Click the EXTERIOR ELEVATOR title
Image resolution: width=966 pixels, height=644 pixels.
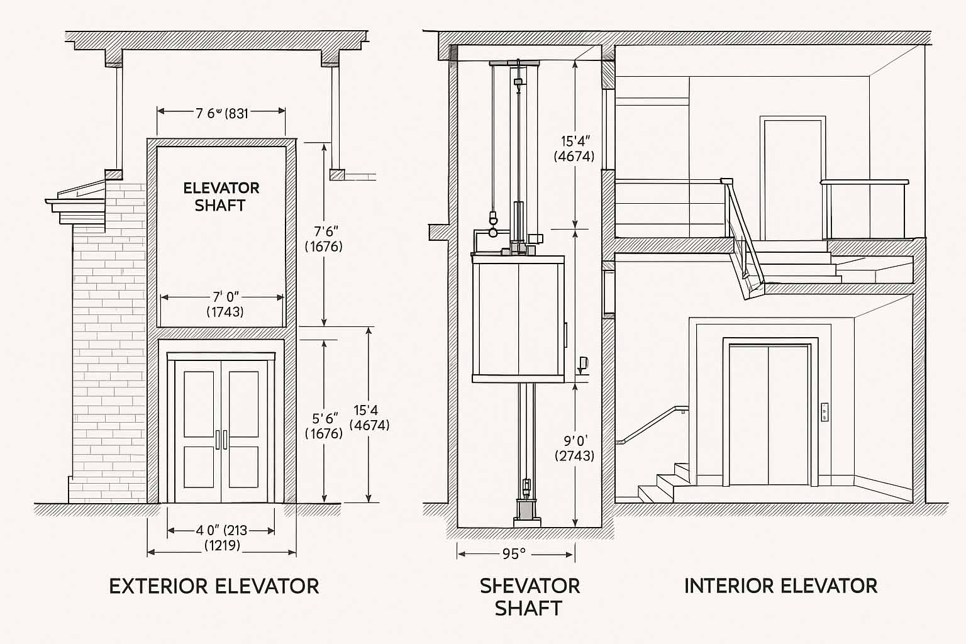(214, 586)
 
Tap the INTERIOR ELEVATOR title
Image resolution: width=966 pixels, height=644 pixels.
(780, 586)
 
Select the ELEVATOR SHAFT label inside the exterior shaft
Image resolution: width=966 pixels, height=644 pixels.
(220, 196)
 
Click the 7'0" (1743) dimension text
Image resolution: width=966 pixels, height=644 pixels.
(225, 304)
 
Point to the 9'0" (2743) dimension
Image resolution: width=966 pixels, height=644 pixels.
(574, 448)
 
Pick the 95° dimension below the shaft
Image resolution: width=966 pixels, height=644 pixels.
(514, 554)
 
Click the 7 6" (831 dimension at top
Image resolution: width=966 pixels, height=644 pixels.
(221, 113)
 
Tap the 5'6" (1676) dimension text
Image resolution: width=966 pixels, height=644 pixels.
(324, 426)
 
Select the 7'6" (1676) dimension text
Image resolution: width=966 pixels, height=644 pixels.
(324, 238)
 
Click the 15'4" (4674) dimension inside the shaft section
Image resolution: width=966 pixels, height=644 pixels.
(574, 149)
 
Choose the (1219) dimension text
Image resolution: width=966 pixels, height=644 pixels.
(222, 545)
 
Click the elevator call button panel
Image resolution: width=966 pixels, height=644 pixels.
(824, 412)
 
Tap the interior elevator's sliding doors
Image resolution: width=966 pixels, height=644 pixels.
(769, 415)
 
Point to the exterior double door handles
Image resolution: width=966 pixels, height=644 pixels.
(221, 440)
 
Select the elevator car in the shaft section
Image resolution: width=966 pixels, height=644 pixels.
(516, 318)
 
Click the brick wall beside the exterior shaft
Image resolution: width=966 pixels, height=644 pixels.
(107, 352)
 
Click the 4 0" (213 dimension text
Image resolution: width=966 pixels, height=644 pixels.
(221, 530)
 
